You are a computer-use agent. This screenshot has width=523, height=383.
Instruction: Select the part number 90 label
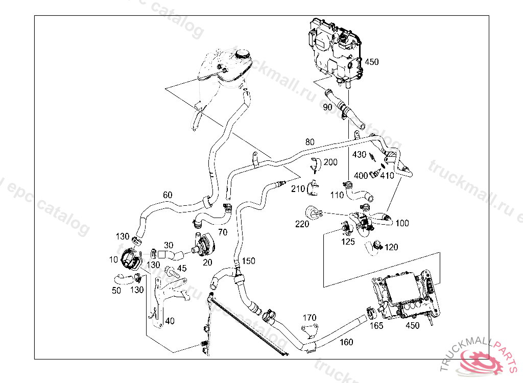click(x=327, y=107)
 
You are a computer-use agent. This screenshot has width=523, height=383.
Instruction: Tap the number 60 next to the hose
click(x=168, y=195)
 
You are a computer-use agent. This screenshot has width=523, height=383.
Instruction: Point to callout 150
click(x=248, y=261)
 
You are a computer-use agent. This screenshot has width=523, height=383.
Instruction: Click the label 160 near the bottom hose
click(x=346, y=342)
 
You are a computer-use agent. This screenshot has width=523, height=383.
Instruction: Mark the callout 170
click(x=310, y=318)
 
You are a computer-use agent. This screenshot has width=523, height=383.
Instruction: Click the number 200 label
click(x=330, y=162)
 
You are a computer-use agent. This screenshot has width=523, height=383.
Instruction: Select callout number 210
click(x=298, y=188)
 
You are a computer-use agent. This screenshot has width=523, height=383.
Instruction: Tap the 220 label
click(x=301, y=223)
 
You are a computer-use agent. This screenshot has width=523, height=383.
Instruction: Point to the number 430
click(x=360, y=154)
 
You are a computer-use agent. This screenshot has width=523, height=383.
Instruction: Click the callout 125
click(x=348, y=242)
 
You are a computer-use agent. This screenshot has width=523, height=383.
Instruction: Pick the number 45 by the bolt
click(x=181, y=269)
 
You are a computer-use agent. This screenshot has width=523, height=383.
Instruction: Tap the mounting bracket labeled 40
click(x=162, y=301)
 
